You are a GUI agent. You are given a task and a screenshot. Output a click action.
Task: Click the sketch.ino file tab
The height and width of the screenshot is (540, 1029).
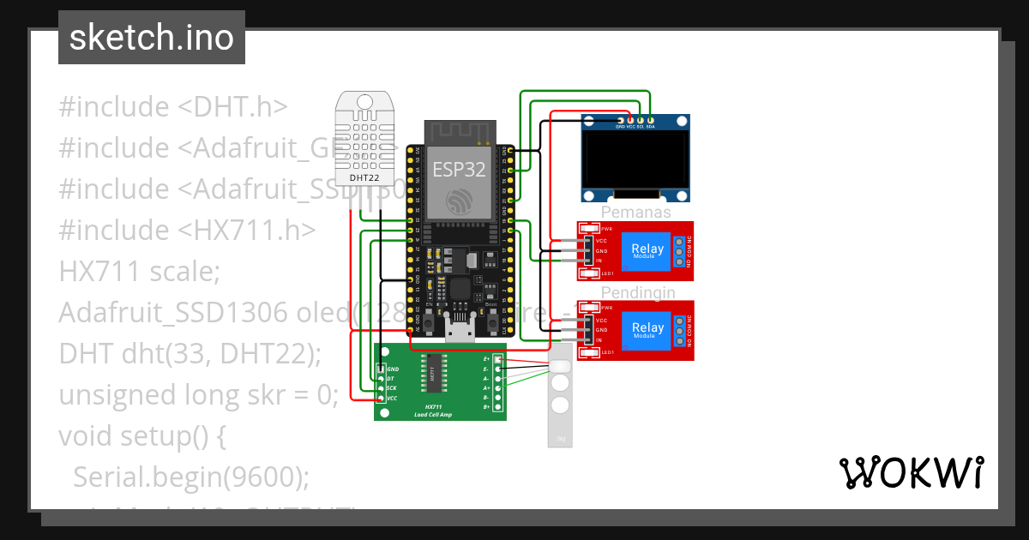click(x=151, y=38)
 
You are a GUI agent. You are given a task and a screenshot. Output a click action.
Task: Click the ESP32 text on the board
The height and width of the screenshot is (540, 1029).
click(x=459, y=169)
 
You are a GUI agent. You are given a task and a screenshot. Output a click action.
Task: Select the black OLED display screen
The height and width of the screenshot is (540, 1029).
click(x=635, y=159)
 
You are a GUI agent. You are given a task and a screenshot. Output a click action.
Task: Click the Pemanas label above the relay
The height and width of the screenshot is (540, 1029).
click(x=635, y=213)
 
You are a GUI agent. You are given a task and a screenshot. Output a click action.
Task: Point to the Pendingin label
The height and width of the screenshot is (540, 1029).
click(x=637, y=292)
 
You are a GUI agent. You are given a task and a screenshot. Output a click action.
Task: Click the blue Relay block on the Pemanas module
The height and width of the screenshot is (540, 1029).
click(x=647, y=250)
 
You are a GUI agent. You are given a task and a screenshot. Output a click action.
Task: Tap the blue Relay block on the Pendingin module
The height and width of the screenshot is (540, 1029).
click(x=647, y=328)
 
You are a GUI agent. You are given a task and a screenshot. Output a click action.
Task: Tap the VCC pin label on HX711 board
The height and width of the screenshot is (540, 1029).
click(x=392, y=399)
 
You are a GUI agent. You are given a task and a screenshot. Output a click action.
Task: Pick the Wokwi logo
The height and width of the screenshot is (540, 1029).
click(x=911, y=472)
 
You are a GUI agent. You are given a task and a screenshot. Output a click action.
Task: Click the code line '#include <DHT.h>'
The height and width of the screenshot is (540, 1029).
click(x=172, y=107)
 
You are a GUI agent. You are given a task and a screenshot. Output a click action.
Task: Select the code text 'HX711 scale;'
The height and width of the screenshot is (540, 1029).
click(x=140, y=272)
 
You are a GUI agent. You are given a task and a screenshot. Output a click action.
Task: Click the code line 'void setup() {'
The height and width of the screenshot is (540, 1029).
click(x=141, y=436)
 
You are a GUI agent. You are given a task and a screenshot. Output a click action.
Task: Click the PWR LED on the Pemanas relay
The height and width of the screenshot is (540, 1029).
click(x=589, y=229)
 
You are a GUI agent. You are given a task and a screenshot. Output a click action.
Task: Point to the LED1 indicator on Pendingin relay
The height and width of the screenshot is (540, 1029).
click(x=589, y=352)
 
